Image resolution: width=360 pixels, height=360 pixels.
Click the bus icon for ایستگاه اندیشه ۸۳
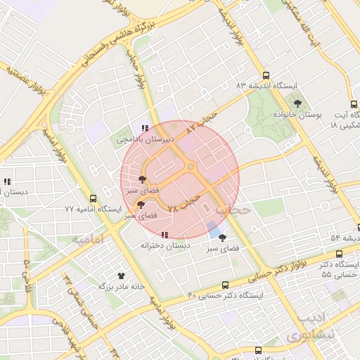[266, 75]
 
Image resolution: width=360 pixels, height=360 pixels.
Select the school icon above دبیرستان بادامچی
[144, 128]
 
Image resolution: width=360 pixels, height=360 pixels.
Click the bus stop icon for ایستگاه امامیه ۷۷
[93, 198]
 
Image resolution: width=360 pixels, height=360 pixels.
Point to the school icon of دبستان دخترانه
[165, 235]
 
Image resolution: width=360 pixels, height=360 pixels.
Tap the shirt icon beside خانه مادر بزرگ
[121, 276]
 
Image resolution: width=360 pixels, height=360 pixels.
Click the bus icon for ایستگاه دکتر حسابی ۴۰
[225, 285]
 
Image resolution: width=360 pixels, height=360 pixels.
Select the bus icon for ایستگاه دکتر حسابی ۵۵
[340, 254]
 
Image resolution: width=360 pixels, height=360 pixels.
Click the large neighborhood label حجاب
[232, 210]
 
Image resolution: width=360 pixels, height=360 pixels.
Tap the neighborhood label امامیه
[88, 239]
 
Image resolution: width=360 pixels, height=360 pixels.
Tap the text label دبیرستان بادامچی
[139, 140]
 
